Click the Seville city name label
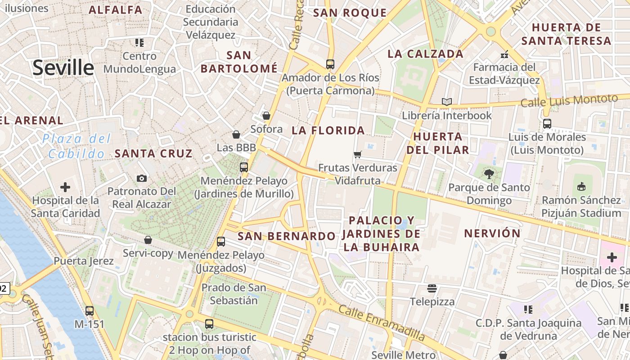point(63,67)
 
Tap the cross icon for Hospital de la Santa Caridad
point(65,187)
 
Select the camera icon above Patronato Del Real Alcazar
point(142,178)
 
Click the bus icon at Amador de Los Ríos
point(330,64)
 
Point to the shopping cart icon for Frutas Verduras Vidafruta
point(358,155)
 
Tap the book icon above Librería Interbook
point(446,102)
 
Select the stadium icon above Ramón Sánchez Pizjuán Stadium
point(581,186)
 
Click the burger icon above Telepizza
point(432,288)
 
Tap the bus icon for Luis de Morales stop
point(547,124)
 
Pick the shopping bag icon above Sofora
point(266,116)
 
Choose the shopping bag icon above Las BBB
point(236,134)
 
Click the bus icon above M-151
point(90,310)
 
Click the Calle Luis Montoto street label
point(569,100)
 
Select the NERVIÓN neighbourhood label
point(492,234)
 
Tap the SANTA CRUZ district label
point(153,153)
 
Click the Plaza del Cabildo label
point(76,146)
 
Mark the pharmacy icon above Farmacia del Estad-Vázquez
point(504,54)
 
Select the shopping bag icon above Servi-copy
point(148,240)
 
